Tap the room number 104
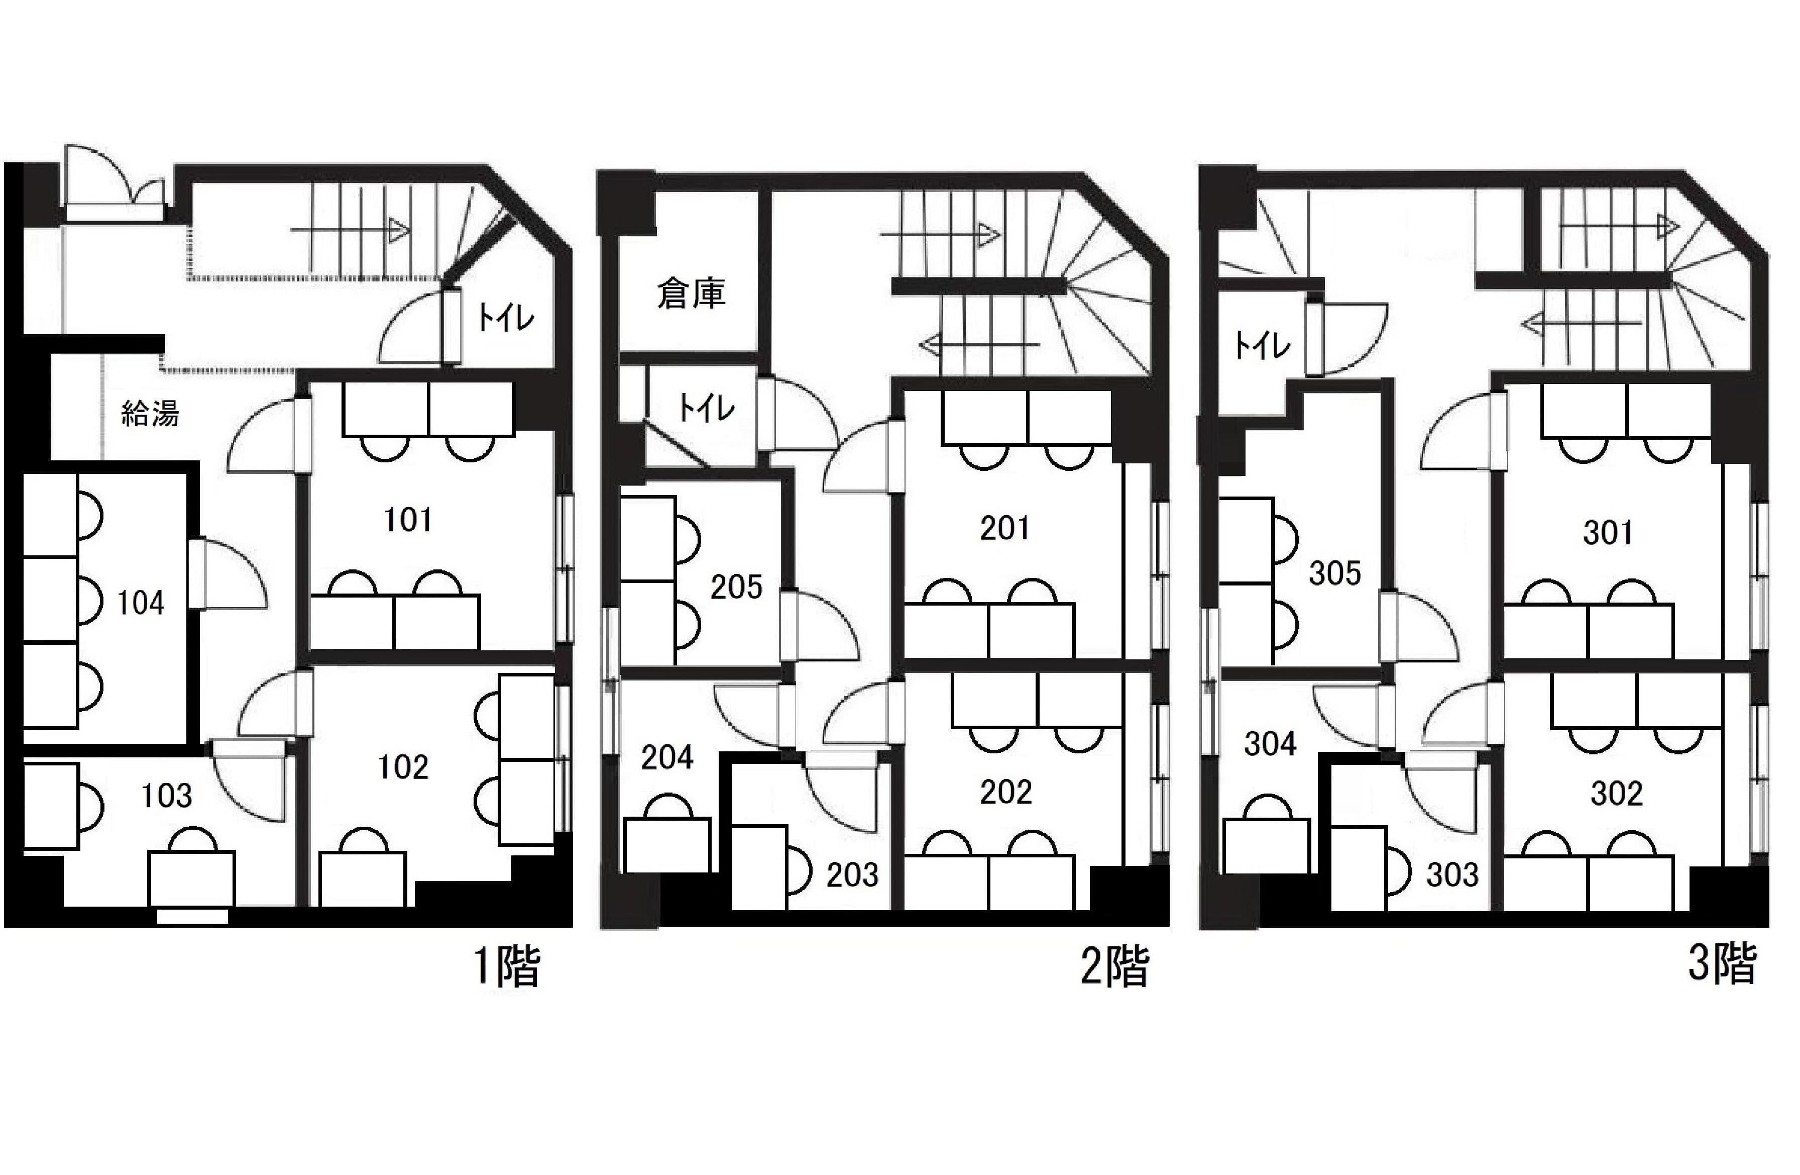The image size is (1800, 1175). (x=141, y=603)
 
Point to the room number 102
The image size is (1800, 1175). (x=403, y=767)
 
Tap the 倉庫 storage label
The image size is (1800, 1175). (x=691, y=293)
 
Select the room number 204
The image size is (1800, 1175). (x=667, y=757)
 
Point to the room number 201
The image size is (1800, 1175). (x=1005, y=528)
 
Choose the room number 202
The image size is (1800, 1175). (x=1006, y=792)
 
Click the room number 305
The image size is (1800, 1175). (x=1335, y=573)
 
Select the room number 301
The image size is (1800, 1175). (x=1608, y=533)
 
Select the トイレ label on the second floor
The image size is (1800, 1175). (x=706, y=409)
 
